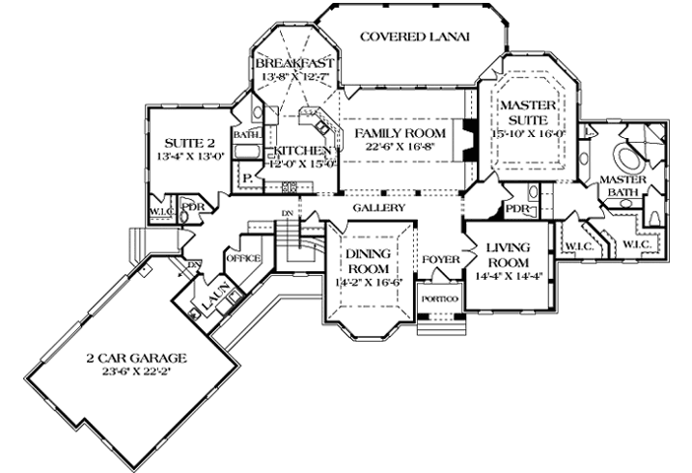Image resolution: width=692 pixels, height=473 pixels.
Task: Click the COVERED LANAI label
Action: click(414, 38)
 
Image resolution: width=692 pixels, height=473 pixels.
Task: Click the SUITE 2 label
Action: click(181, 140)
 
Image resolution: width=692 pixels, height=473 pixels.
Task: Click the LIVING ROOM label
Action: click(508, 254)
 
